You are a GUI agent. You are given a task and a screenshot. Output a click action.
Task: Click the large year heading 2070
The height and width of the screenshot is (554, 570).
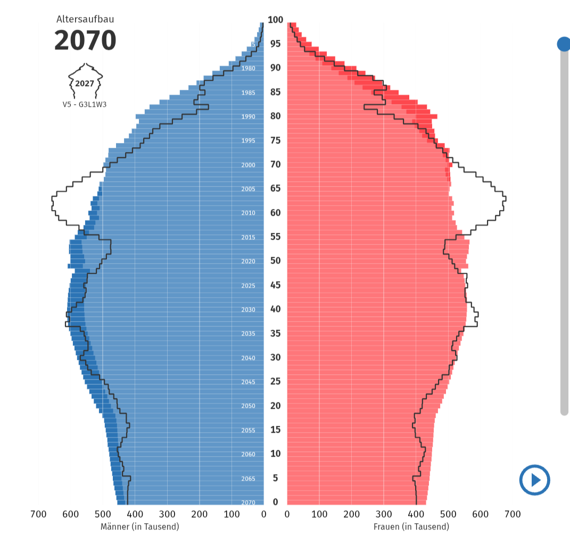(x=85, y=40)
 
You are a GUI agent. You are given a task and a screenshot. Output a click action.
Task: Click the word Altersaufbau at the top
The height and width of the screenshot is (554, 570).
(x=85, y=19)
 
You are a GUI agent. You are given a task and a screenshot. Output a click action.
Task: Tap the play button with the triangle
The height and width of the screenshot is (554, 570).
(x=534, y=480)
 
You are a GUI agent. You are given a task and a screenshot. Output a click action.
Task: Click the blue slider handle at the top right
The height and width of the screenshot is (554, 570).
(x=564, y=44)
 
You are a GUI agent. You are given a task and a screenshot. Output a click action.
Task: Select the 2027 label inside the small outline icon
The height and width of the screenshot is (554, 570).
(x=85, y=83)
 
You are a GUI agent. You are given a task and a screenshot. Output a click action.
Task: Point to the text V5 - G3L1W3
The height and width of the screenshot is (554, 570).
(x=85, y=104)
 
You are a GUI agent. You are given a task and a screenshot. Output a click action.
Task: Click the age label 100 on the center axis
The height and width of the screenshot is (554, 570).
(x=275, y=20)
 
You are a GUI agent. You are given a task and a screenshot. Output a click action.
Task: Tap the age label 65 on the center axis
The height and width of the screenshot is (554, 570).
(x=275, y=188)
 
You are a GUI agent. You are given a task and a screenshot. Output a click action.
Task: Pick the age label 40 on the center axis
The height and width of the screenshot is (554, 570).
(x=275, y=309)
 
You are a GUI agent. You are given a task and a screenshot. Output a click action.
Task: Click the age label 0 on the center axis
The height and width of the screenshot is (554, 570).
(x=275, y=502)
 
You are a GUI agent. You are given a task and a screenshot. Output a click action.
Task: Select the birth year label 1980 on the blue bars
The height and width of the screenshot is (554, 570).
(x=248, y=69)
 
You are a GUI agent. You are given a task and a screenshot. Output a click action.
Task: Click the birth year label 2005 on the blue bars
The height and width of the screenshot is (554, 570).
(x=248, y=189)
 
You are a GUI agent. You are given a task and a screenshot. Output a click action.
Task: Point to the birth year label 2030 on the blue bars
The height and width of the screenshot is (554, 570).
(x=248, y=310)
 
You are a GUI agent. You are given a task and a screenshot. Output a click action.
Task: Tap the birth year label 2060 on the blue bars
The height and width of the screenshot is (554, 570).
(x=248, y=455)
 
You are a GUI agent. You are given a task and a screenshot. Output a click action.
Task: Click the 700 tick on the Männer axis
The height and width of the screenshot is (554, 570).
(x=38, y=514)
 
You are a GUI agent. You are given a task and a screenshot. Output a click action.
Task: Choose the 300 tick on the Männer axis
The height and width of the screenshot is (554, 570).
(x=167, y=514)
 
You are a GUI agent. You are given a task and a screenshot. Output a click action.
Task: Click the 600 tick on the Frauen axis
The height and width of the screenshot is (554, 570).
(x=480, y=514)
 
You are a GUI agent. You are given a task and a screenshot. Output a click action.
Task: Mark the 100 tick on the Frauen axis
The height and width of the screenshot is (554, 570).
(x=319, y=514)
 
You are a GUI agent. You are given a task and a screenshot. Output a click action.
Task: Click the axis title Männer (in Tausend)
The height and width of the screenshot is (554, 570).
(x=140, y=526)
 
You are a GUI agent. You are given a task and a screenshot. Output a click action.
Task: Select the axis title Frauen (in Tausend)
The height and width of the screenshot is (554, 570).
(x=411, y=526)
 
